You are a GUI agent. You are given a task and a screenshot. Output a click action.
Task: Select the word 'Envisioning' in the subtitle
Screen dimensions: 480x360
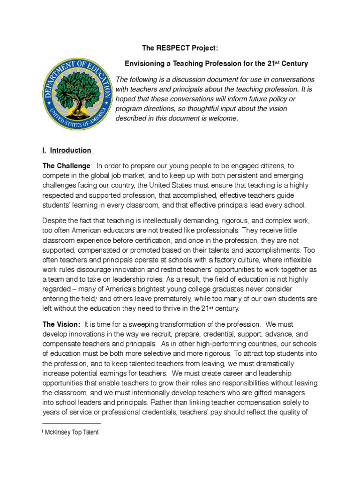[142, 63]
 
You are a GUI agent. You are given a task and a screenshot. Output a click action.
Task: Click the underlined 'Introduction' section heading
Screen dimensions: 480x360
[71, 150]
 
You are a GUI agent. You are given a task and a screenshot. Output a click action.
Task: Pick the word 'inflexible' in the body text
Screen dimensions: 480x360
[289, 260]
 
